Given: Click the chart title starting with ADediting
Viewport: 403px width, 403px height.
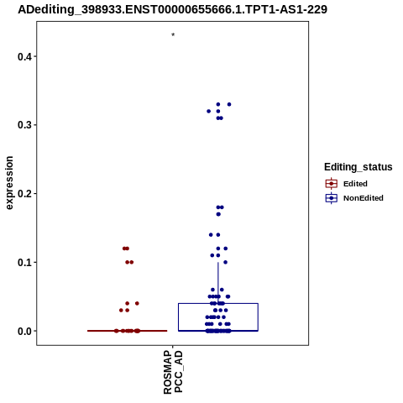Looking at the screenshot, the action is click(x=172, y=10).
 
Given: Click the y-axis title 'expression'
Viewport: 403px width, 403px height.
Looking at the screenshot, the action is click(x=9, y=183).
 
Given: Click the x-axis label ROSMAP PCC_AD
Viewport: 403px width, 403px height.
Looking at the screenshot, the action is click(x=173, y=372).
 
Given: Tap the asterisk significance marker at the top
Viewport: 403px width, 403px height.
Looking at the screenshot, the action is click(x=173, y=34).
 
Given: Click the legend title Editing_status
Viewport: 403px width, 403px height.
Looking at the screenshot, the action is click(x=359, y=167).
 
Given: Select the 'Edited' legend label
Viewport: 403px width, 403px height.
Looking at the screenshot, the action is click(x=355, y=184).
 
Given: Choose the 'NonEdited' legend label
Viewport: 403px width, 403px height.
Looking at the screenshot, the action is click(x=364, y=198).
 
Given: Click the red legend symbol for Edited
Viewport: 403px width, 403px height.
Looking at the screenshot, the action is click(x=332, y=184).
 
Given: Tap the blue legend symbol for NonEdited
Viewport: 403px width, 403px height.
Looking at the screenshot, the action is click(x=332, y=198).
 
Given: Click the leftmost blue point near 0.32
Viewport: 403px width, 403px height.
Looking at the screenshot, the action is click(x=208, y=112).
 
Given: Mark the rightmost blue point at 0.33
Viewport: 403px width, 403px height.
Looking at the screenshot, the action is click(x=229, y=104).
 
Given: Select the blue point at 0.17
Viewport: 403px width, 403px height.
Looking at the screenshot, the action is click(x=218, y=214).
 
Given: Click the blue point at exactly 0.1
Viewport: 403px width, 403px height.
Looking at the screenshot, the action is click(x=226, y=262).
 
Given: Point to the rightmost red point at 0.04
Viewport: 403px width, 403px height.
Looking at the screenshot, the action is click(x=137, y=303).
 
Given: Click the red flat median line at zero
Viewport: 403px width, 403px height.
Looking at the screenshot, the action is click(x=128, y=331).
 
